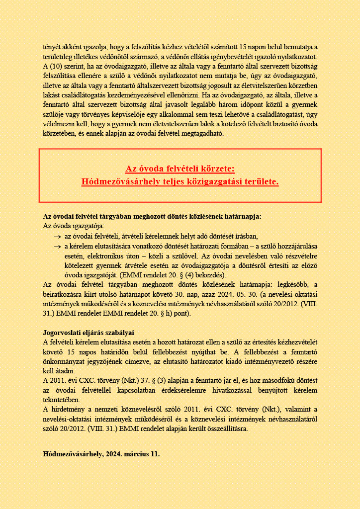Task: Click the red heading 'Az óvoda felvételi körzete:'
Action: pyautogui.click(x=180, y=169)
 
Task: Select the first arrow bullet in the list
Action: pyautogui.click(x=57, y=237)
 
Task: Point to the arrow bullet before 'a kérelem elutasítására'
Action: pyautogui.click(x=57, y=247)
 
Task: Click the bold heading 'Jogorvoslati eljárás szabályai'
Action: pyautogui.click(x=89, y=332)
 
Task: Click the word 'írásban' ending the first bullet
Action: pyautogui.click(x=247, y=237)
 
